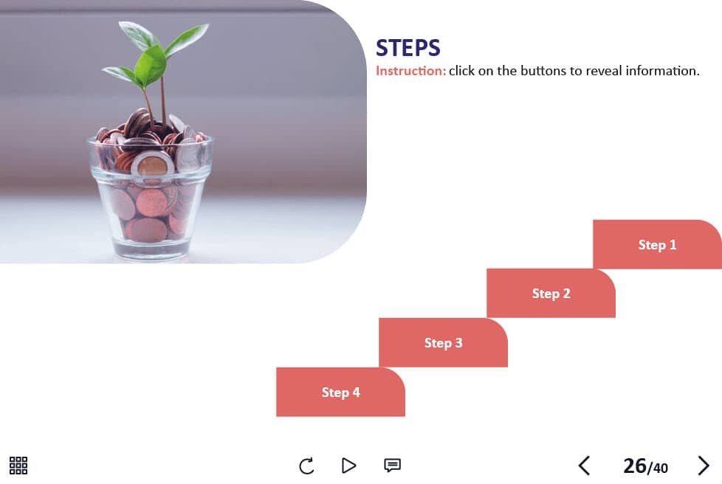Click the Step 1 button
(x=657, y=244)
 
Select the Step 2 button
(x=551, y=294)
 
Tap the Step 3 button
(x=443, y=343)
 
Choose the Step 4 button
(x=340, y=392)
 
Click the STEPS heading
(x=408, y=48)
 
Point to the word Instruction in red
(x=410, y=71)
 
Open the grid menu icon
(x=18, y=466)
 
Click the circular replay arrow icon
(x=306, y=466)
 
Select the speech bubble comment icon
(x=392, y=466)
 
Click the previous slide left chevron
(x=584, y=466)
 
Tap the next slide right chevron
(x=703, y=466)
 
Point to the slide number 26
(x=635, y=466)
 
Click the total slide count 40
(x=660, y=469)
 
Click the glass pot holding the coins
(x=151, y=198)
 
